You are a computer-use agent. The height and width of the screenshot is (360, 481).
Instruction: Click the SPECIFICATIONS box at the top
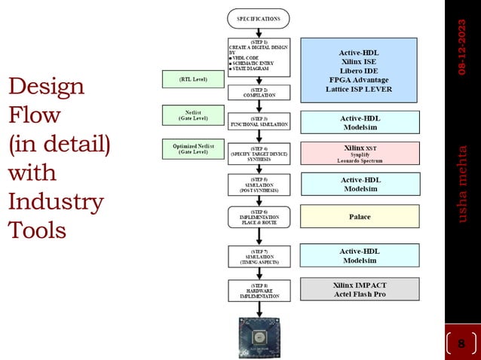258,17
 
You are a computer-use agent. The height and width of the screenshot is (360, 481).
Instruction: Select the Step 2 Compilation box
259,93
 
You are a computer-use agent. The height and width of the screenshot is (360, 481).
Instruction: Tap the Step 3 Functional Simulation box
259,121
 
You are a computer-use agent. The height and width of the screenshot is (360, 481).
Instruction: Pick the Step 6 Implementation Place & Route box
259,217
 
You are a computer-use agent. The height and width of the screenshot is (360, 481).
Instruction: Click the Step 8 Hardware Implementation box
259,290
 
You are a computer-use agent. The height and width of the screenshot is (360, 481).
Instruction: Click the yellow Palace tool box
360,217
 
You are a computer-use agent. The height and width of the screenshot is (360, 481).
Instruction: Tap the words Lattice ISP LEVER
360,89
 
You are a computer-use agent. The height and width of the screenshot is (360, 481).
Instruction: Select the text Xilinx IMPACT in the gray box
360,285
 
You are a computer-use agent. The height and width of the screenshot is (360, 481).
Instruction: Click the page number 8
461,344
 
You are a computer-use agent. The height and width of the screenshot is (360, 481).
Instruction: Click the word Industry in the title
56,202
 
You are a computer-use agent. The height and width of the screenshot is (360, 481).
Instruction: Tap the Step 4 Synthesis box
259,154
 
